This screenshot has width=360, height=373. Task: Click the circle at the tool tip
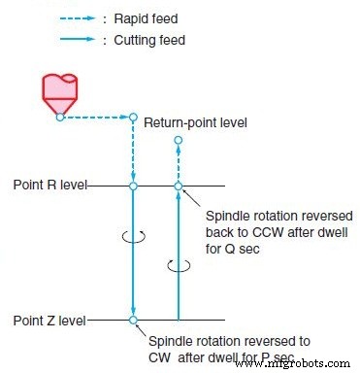click(59, 117)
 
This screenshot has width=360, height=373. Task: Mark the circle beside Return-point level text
click(133, 118)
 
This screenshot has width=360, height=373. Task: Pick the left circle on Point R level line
click(133, 185)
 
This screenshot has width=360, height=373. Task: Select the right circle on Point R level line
click(178, 185)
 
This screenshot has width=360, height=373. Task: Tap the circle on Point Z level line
click(133, 319)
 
